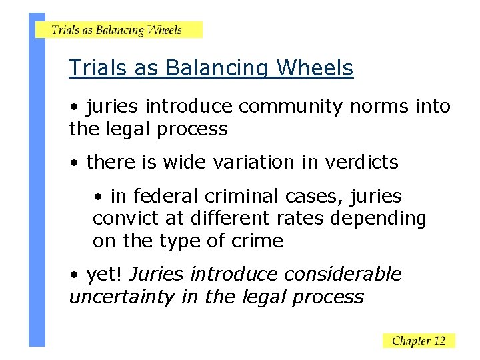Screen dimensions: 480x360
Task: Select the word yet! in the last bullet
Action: point(105,275)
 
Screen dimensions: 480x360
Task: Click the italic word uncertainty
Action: point(122,297)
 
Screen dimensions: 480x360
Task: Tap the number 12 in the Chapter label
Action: point(439,341)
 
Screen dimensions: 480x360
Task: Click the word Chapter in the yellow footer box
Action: point(410,341)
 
